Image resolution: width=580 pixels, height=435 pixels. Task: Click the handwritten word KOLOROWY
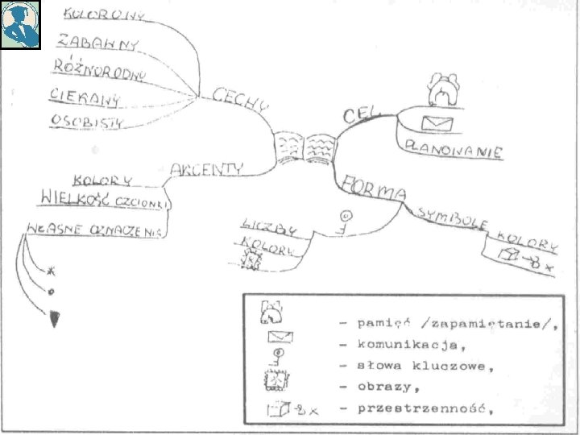[x=104, y=14]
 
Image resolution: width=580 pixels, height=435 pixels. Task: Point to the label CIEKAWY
[x=85, y=97]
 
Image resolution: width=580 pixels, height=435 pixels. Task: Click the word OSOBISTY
[x=87, y=122]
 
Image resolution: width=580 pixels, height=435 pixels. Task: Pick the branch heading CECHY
[x=239, y=100]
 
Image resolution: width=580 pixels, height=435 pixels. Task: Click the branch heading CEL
[x=361, y=114]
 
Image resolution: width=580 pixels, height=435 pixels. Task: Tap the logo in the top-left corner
[x=20, y=24]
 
